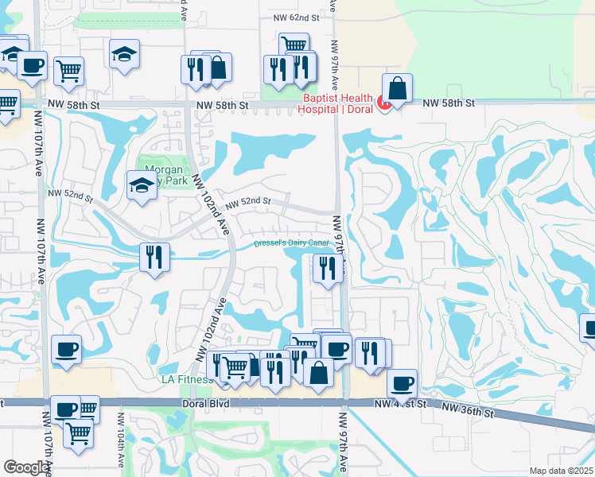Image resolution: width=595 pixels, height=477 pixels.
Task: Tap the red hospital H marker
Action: coord(383,102)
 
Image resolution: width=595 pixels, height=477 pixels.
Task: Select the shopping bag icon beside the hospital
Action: coord(397,87)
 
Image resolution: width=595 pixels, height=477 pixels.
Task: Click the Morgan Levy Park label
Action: coord(164,175)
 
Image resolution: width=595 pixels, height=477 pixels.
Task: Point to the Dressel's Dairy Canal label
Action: coord(291,243)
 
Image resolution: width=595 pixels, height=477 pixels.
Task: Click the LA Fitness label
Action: coord(189,380)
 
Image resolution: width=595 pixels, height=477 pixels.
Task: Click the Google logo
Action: coord(25,467)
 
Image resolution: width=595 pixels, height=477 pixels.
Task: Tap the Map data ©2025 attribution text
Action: coord(562,471)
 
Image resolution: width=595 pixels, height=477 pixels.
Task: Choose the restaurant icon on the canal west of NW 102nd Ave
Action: coord(153,257)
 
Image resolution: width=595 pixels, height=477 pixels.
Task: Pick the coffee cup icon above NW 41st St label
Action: coord(402,384)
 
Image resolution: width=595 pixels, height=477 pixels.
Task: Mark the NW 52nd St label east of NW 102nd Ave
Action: coord(248,203)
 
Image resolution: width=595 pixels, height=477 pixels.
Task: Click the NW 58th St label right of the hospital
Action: coord(448,103)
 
